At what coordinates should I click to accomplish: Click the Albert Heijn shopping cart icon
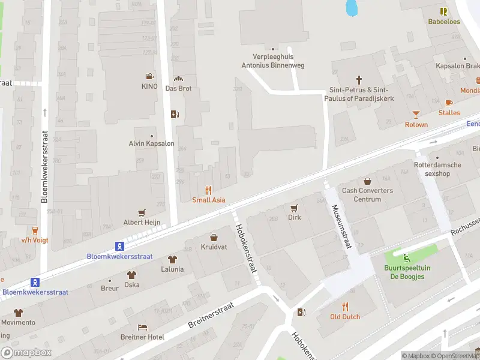tap(142, 212)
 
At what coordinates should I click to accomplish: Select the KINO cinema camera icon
tap(149, 76)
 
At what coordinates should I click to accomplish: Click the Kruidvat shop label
tap(214, 247)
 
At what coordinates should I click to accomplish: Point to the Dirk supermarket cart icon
tap(294, 208)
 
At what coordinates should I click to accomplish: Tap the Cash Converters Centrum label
tap(367, 195)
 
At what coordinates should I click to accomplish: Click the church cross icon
tap(359, 79)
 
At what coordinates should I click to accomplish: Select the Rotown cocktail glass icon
tap(416, 114)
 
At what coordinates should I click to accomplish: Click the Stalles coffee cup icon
tap(449, 103)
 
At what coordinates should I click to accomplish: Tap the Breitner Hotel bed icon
tap(142, 327)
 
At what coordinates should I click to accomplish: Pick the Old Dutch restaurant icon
tap(345, 307)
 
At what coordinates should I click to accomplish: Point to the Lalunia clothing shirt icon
tap(172, 260)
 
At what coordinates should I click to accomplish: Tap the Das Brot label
tap(178, 88)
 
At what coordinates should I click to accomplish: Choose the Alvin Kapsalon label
tap(151, 143)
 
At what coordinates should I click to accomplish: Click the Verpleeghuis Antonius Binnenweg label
tap(273, 61)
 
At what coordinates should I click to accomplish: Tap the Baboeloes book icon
tap(443, 11)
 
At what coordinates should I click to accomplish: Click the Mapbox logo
tap(26, 353)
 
